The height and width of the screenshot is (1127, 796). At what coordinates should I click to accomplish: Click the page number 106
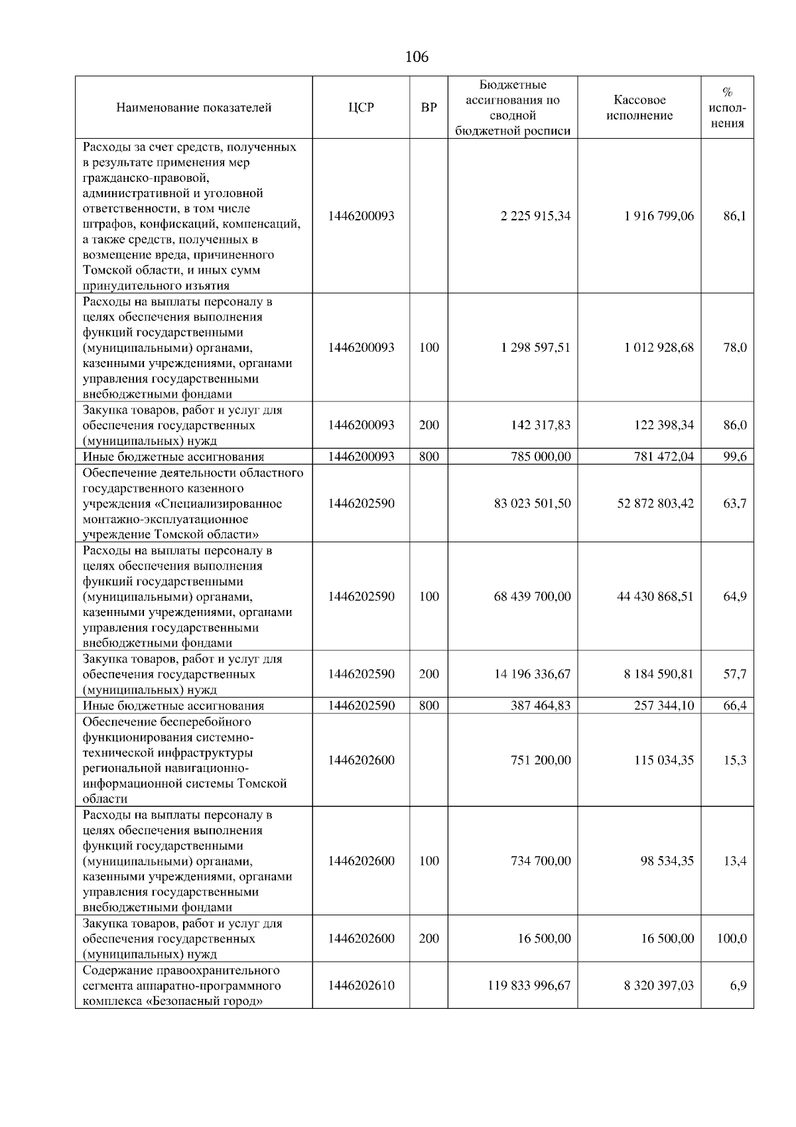coord(417,57)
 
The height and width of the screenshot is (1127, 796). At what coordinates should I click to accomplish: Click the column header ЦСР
coord(361,108)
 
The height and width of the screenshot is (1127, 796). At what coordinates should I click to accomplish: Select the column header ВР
coord(429,108)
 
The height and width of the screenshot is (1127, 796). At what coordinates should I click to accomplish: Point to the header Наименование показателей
coord(194,108)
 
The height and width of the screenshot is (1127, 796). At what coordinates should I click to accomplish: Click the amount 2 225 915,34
coord(536,216)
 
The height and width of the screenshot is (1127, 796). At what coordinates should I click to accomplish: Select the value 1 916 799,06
coord(659,216)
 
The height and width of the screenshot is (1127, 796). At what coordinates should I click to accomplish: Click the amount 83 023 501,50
coord(532,504)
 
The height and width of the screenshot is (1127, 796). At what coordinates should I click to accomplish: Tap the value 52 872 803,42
coord(655,504)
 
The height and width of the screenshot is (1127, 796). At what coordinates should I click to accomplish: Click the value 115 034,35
coord(664,760)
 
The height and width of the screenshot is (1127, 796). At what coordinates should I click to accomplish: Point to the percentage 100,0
coord(732,939)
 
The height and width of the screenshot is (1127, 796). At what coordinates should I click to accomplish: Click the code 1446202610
coord(361,986)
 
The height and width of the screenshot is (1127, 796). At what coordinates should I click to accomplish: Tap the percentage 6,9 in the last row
coord(738,986)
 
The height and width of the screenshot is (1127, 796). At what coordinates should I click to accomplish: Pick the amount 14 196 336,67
coord(532,674)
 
